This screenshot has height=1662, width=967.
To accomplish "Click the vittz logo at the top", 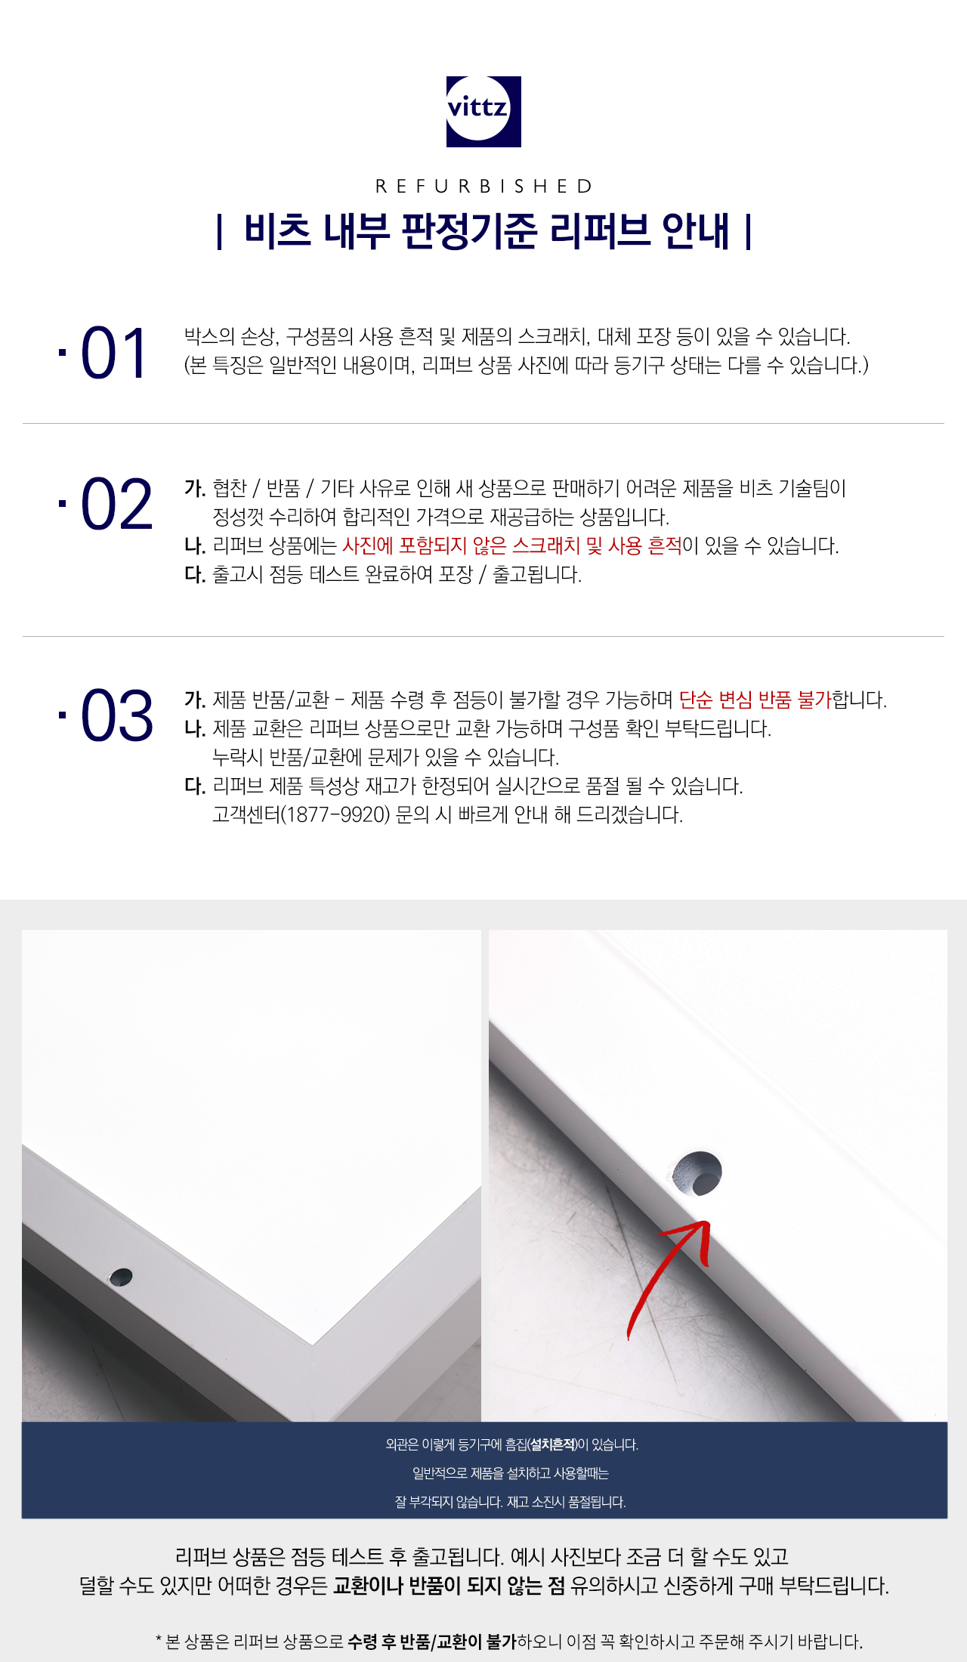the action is coord(483,111).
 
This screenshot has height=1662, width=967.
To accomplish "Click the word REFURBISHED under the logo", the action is coord(484,187).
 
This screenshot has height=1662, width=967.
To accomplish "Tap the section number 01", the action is coord(113,353).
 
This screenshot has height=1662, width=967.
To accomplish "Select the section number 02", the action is coord(116,504).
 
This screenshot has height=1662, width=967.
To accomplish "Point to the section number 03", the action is coord(116,715).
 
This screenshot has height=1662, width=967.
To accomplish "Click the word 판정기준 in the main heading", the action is coord(469,231).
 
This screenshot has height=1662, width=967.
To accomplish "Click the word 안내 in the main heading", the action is coord(696,231).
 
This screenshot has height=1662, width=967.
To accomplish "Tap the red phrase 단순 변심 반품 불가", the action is coord(755,700).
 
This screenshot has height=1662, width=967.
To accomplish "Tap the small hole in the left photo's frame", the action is coord(121,1277).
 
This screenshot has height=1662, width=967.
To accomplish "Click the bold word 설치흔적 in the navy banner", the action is coord(552,1444).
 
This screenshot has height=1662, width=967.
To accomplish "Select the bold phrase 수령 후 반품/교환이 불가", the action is coord(432,1641).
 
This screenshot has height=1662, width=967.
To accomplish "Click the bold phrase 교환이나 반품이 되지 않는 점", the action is coord(449,1585).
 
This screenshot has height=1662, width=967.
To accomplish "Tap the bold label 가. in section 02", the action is coord(195,488).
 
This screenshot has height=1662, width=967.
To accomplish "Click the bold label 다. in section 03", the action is coord(195,786).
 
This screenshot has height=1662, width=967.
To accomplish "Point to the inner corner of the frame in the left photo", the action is coord(312,1345).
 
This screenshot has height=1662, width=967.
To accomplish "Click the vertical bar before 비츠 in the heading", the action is coord(219,232).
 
